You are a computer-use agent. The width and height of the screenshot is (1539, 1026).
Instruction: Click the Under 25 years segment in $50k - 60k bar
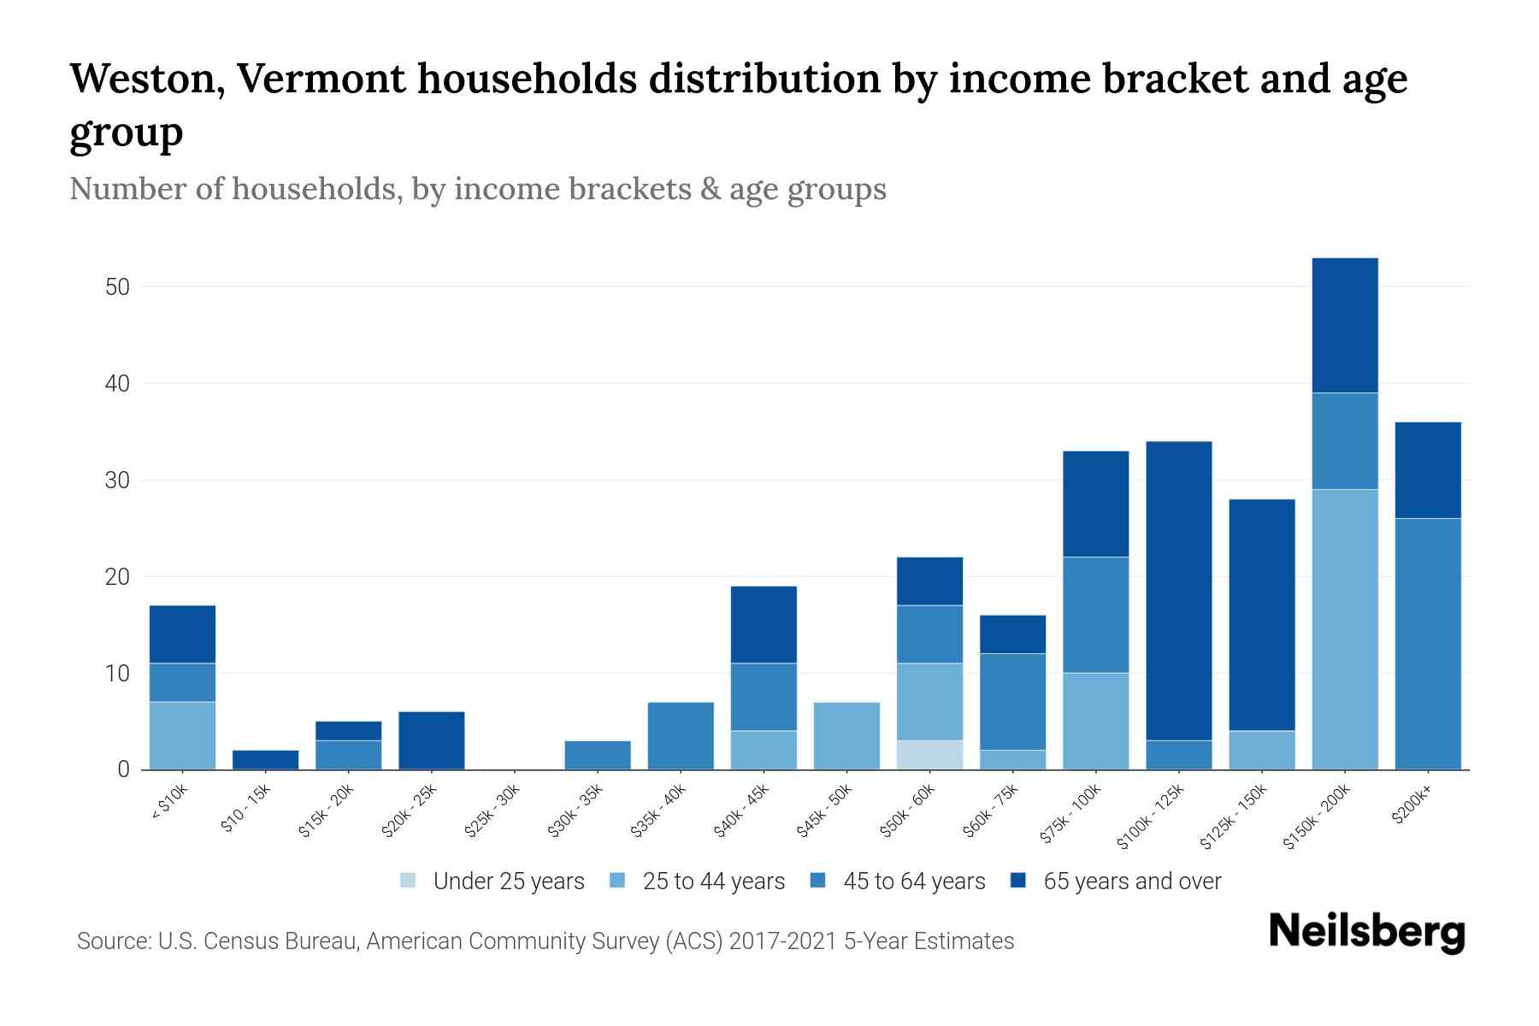coord(929,754)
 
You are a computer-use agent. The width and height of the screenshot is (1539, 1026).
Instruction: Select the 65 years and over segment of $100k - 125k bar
coord(1179,590)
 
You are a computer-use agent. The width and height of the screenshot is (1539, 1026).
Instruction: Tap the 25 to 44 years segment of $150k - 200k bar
coord(1345,629)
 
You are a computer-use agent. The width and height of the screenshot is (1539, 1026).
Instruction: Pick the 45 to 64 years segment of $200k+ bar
coord(1428,643)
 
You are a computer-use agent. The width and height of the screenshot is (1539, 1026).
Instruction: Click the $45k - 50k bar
coord(846,735)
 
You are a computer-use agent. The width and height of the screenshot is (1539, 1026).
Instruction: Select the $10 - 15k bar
coord(265,759)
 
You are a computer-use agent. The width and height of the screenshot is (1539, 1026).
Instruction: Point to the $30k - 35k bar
coord(598,754)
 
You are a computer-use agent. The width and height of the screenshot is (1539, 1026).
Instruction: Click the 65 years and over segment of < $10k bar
coord(182,634)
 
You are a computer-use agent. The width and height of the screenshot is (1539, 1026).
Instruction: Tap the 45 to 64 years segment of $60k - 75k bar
coord(1012,701)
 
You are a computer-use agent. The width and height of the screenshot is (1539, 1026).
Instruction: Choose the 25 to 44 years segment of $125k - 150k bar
coord(1262,750)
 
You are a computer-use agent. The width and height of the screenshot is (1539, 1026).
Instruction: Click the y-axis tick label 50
coord(117,287)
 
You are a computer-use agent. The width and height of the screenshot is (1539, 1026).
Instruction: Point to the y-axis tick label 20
coord(117,577)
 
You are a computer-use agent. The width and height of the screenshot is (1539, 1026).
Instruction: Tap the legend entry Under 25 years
coord(508,882)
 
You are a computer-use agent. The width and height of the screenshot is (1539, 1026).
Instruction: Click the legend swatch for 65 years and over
coord(1018,881)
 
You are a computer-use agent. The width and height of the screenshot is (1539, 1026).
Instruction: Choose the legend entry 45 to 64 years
coord(913,882)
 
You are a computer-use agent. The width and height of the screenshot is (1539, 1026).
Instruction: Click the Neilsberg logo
coord(1366,933)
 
